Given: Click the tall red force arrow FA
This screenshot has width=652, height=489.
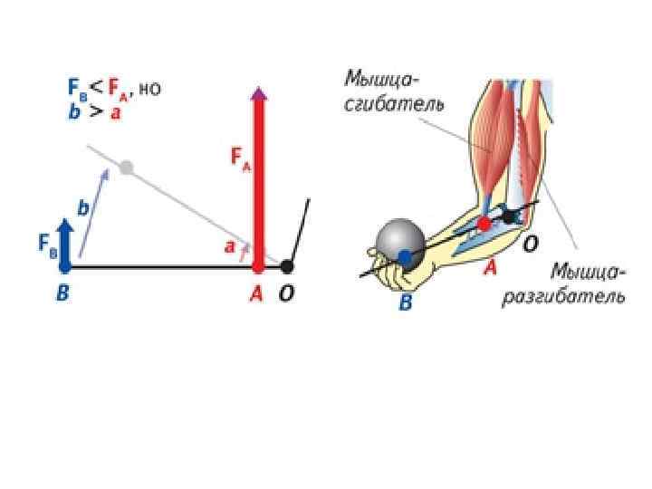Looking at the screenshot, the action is (x=258, y=181).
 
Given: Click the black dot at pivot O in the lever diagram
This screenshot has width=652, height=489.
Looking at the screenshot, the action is (x=287, y=266).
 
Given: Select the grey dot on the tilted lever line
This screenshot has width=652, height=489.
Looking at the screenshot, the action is (x=126, y=167).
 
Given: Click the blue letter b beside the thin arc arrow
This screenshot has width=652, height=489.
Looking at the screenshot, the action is (x=83, y=208).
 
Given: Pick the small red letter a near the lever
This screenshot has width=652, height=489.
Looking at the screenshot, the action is (x=229, y=246).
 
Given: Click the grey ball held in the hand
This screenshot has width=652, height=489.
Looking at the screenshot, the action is (x=398, y=242).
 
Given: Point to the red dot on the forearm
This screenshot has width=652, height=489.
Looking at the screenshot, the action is (x=484, y=223).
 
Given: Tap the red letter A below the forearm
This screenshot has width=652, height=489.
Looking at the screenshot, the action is (x=490, y=267).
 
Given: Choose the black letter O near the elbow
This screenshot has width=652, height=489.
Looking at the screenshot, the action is (x=531, y=244).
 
